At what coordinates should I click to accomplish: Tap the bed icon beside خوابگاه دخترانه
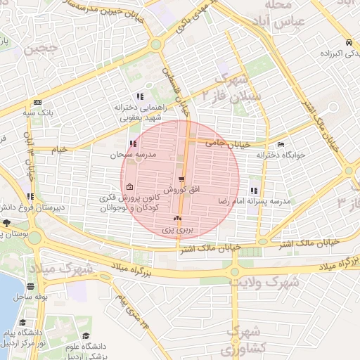(x=281, y=145)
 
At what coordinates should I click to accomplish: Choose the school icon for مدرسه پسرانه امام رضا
(x=253, y=191)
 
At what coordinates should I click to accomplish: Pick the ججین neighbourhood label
(x=40, y=50)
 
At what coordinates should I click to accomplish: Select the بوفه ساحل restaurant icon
(x=30, y=286)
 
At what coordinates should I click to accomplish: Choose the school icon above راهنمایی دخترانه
(x=141, y=96)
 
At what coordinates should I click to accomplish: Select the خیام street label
(x=59, y=149)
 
